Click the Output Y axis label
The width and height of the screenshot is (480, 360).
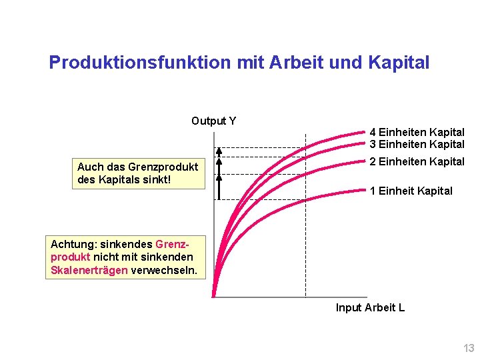213,121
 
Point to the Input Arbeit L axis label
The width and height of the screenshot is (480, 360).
370,307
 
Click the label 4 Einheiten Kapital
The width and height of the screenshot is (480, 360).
417,132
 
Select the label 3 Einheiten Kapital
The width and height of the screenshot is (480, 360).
417,144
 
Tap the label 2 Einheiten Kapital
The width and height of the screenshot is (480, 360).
417,161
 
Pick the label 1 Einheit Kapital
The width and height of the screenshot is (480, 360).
411,191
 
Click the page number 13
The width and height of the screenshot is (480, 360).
469,348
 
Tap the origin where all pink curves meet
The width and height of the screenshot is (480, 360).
215,295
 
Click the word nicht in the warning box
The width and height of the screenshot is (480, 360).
105,257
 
